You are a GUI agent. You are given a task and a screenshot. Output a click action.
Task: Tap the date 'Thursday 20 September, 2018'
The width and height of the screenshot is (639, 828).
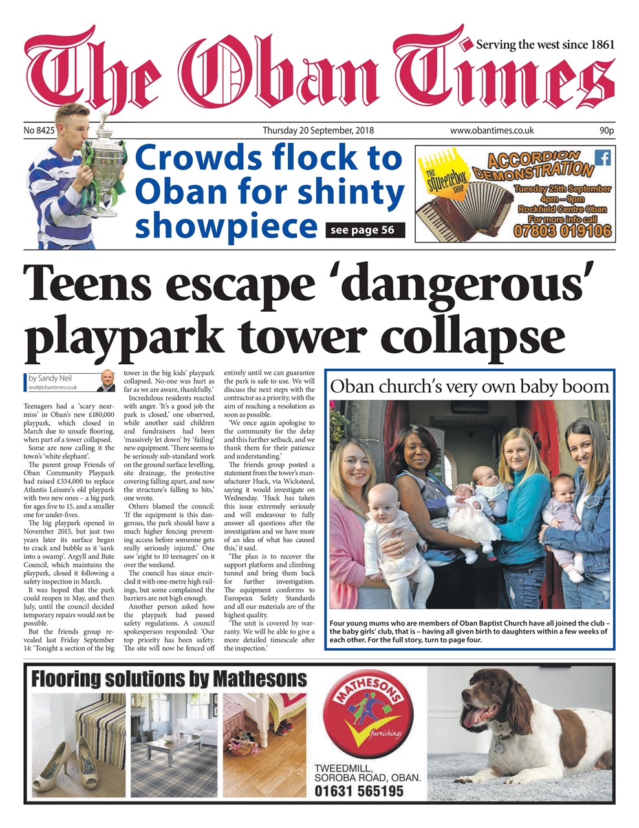point(318,131)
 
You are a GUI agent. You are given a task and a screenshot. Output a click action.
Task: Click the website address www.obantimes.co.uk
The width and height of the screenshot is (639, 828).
point(492,131)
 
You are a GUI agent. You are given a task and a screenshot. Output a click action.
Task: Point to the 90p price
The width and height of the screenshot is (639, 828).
point(606,131)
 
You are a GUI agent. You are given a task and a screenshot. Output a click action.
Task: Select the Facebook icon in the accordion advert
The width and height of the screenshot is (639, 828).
point(601,157)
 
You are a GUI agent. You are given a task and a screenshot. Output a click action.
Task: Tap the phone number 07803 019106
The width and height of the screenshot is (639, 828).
point(562,230)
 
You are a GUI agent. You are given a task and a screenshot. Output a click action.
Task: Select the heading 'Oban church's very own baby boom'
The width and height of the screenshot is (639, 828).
point(470,387)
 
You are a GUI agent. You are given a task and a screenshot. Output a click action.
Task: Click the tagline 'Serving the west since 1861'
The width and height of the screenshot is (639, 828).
point(545,45)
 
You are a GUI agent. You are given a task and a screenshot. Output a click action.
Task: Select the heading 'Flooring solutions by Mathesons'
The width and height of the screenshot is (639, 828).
point(169,679)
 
